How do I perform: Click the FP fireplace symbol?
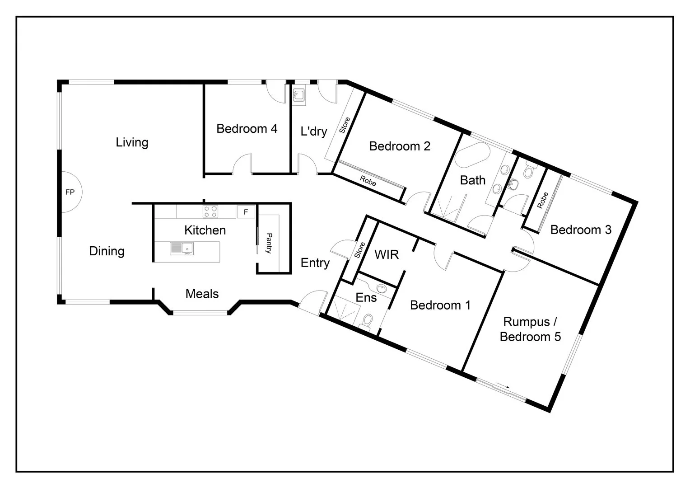70,192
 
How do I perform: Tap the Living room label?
132,142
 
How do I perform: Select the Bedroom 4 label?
247,129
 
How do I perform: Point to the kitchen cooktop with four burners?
210,211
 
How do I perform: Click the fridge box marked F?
246,211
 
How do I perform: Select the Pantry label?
269,243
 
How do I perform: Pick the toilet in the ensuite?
367,321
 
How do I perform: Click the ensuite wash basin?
382,289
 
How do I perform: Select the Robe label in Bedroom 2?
368,181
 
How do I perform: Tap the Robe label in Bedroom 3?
542,200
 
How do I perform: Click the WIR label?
387,255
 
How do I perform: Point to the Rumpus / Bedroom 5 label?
530,329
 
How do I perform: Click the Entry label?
315,263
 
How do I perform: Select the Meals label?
202,294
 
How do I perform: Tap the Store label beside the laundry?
344,125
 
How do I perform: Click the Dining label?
107,251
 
